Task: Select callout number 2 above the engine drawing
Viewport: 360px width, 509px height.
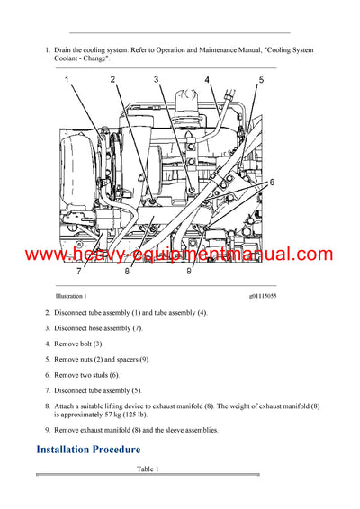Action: (113, 80)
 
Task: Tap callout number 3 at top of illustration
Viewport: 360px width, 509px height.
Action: (156, 80)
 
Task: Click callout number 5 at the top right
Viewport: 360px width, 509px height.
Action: (262, 80)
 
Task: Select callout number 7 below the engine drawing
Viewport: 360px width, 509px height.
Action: (79, 271)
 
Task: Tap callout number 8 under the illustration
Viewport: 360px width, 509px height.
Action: (127, 271)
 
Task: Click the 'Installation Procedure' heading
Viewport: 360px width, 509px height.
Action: (88, 449)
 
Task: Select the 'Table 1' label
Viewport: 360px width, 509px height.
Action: (148, 469)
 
